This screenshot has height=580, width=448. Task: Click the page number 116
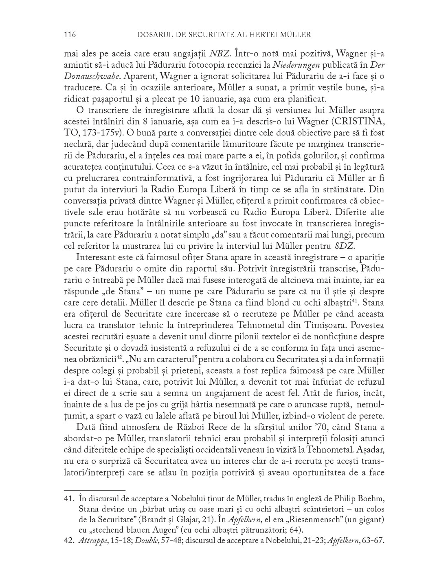tap(70, 35)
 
